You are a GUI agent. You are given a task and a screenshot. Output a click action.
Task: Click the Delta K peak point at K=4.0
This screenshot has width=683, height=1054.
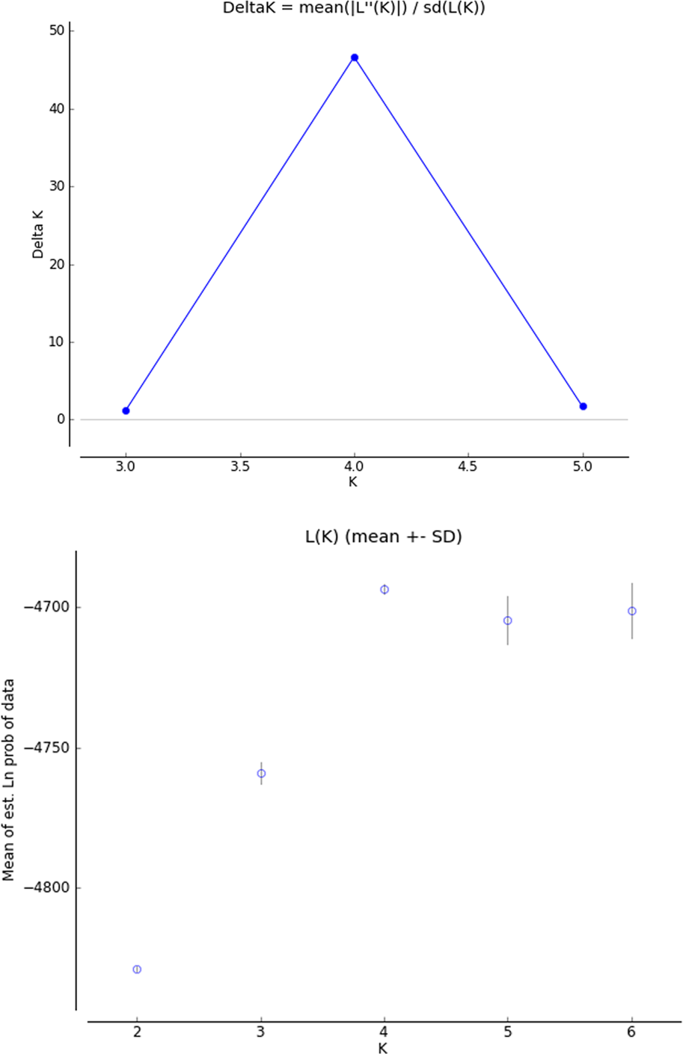pyautogui.click(x=355, y=58)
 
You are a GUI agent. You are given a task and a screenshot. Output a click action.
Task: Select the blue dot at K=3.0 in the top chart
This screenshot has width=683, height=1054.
pyautogui.click(x=126, y=410)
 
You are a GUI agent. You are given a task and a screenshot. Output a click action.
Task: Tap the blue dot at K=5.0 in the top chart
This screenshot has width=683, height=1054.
pyautogui.click(x=584, y=407)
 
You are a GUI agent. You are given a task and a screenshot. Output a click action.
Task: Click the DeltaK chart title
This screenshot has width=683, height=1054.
pyautogui.click(x=354, y=9)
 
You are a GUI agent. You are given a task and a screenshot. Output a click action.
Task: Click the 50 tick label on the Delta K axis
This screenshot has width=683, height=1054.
pyautogui.click(x=57, y=31)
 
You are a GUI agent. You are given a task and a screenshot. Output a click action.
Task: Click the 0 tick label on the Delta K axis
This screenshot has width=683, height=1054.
pyautogui.click(x=61, y=420)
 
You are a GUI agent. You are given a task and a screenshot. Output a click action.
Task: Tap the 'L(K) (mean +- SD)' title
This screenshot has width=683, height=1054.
pyautogui.click(x=382, y=537)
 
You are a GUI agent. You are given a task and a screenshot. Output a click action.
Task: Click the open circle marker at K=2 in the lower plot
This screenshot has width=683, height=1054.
pyautogui.click(x=137, y=970)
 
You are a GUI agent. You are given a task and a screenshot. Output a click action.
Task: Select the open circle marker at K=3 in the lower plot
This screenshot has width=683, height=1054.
pyautogui.click(x=261, y=774)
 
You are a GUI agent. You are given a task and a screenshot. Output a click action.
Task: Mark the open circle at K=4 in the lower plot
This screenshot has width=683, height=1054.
pyautogui.click(x=385, y=590)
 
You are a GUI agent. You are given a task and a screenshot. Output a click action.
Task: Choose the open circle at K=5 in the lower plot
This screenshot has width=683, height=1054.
pyautogui.click(x=508, y=620)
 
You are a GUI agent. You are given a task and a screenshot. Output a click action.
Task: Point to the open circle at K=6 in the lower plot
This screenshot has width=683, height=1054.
pyautogui.click(x=632, y=611)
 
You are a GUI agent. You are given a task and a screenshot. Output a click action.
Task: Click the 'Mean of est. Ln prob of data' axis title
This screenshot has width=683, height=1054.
pyautogui.click(x=9, y=780)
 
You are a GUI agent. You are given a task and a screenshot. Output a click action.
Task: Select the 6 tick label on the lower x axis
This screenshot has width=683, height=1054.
pyautogui.click(x=632, y=1032)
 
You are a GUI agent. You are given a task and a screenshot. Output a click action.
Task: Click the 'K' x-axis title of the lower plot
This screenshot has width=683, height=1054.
pyautogui.click(x=382, y=1048)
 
